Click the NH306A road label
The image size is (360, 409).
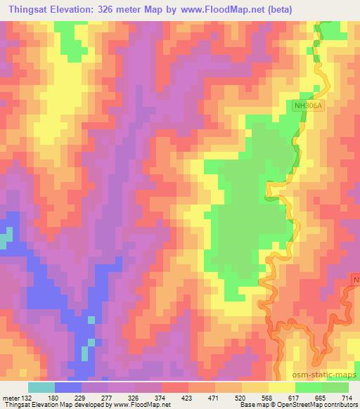[307, 105]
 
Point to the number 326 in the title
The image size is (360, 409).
[117, 9]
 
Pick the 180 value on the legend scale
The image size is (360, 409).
[53, 398]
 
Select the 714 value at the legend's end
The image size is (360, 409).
[347, 398]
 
